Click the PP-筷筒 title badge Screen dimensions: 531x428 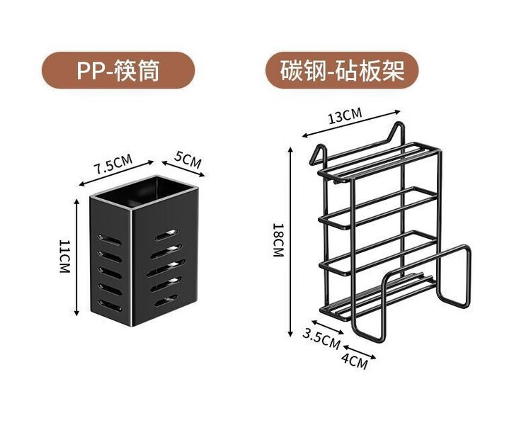(x=118, y=70)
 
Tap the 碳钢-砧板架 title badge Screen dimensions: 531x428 (x=341, y=70)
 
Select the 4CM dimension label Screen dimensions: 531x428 (x=354, y=359)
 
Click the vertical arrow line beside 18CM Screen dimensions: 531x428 (x=291, y=241)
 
